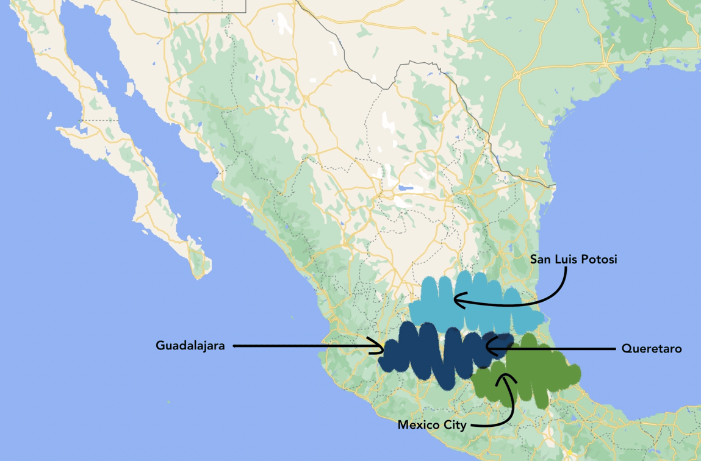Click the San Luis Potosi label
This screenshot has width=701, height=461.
pyautogui.click(x=573, y=260)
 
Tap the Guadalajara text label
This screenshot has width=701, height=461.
pyautogui.click(x=190, y=346)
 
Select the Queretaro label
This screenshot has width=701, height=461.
pyautogui.click(x=652, y=349)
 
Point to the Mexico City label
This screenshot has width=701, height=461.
pyautogui.click(x=432, y=425)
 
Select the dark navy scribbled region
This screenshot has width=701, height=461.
pyautogui.click(x=427, y=357)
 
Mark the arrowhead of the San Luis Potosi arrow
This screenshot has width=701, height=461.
pyautogui.click(x=456, y=300)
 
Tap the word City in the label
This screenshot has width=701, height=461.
pyautogui.click(x=455, y=425)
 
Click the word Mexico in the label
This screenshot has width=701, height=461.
pyautogui.click(x=420, y=425)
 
